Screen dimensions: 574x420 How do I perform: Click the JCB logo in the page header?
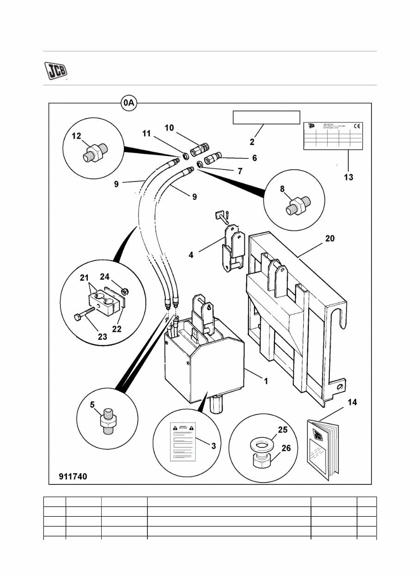[x=55, y=70]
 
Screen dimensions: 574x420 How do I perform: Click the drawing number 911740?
[x=73, y=476]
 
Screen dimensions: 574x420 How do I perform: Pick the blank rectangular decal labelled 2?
[x=266, y=117]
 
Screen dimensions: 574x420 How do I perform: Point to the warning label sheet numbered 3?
[x=183, y=441]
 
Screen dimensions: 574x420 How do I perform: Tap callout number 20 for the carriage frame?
[x=330, y=239]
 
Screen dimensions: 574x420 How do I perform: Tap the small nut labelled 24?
[x=125, y=291]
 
